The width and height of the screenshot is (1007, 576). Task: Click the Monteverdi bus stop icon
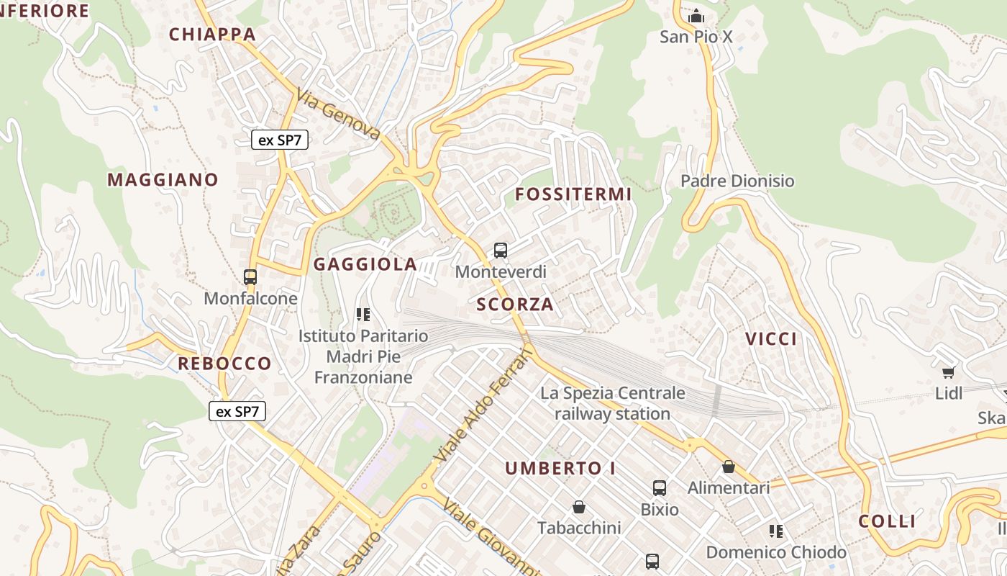[501, 251]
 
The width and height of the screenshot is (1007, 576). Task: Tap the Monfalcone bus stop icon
[250, 276]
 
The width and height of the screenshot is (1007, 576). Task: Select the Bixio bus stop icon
[660, 487]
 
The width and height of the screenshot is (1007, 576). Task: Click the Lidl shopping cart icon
[948, 372]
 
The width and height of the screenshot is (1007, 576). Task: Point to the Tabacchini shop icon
[579, 507]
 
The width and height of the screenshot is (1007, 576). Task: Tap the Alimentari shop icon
[729, 467]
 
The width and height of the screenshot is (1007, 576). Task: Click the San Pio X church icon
[696, 16]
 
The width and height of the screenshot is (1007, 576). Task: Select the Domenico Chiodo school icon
[776, 531]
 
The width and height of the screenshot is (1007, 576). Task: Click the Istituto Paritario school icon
[363, 314]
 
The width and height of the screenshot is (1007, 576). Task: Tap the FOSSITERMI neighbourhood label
[573, 194]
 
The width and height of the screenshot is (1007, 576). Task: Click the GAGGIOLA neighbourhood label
[365, 264]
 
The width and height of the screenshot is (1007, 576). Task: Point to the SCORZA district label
[515, 304]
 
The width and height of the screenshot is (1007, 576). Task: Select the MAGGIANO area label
[163, 180]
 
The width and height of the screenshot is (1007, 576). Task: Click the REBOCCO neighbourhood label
[224, 363]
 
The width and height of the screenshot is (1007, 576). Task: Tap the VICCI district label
[771, 339]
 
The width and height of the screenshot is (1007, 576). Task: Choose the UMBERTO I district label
[560, 468]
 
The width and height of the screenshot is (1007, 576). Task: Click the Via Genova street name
[338, 114]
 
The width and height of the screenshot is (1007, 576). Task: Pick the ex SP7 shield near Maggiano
[280, 140]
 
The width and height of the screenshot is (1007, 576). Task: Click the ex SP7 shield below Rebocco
[237, 411]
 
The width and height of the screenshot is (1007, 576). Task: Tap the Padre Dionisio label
[737, 181]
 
